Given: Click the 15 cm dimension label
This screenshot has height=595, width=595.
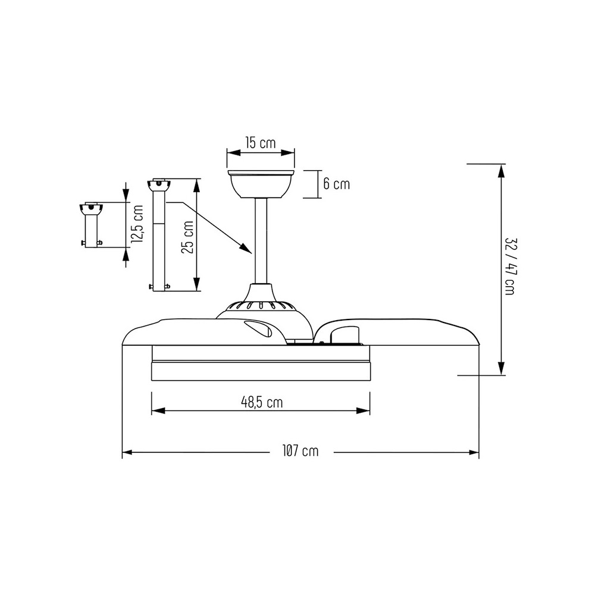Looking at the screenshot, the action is pos(261,143).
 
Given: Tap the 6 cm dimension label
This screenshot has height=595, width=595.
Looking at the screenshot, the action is pos(336,184).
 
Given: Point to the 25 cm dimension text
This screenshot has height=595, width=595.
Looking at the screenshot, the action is pos(188,237).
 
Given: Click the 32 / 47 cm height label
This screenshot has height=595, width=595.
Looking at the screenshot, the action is pos(509,267).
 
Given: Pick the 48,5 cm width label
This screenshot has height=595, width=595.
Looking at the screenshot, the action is pos(262,402).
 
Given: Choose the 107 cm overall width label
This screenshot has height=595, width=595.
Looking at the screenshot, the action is pos(300,451).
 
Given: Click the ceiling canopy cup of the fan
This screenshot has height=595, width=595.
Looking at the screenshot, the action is pos(261,184).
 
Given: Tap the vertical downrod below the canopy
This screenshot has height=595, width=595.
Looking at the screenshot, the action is pos(261,242).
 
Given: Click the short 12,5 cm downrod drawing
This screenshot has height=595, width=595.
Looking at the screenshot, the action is pos(92,226).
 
